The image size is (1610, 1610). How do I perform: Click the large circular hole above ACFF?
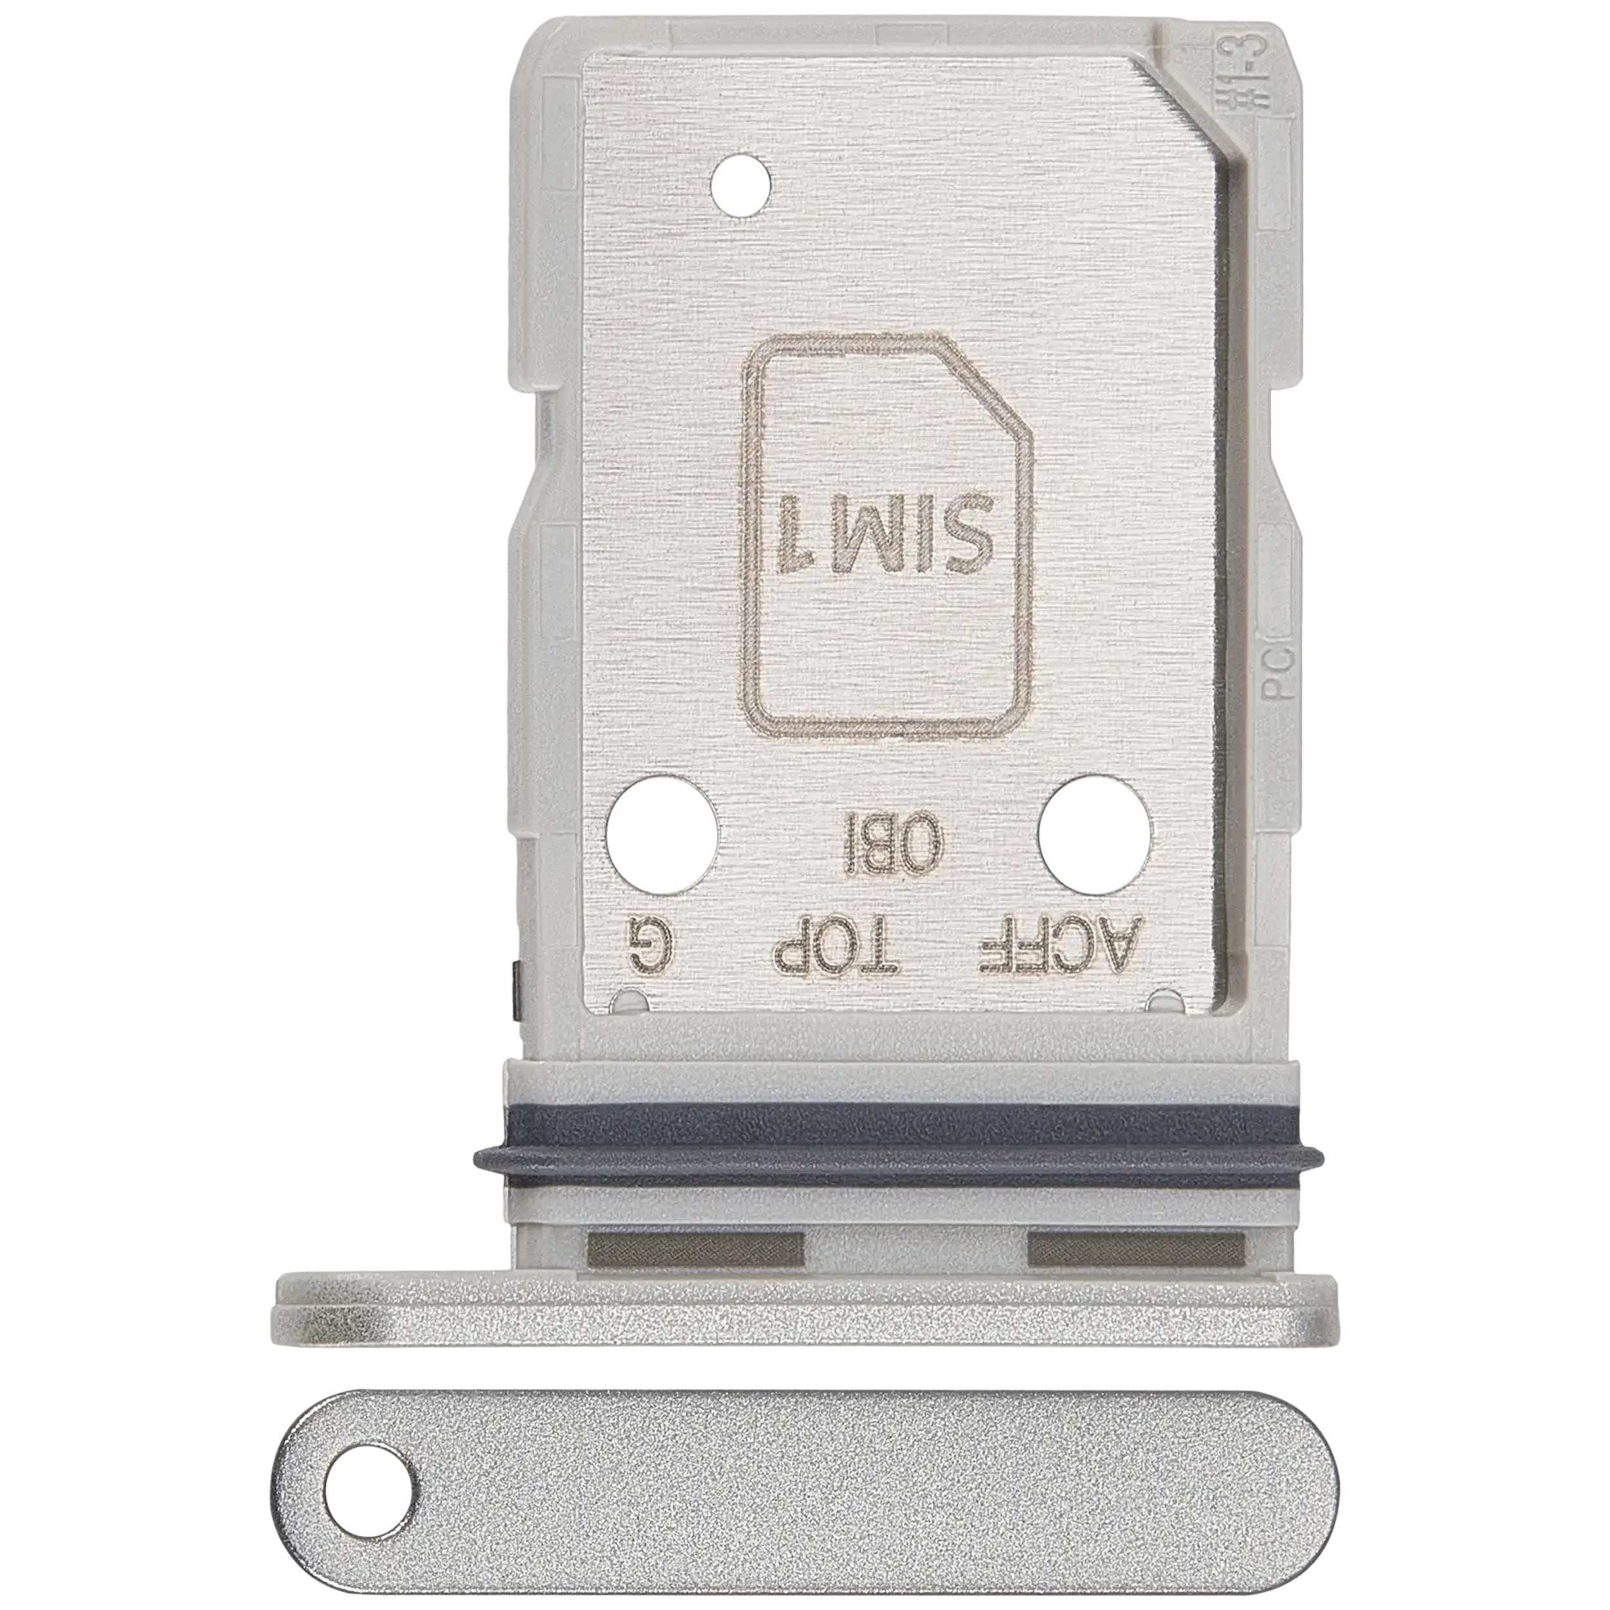[1096, 834]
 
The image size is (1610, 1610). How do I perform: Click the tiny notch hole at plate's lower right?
[1164, 999]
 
